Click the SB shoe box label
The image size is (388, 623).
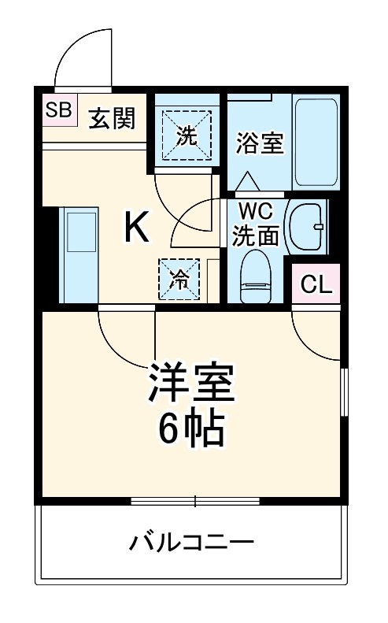tap(57, 110)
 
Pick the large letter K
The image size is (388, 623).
tap(136, 228)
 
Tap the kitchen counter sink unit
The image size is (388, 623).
tap(78, 254)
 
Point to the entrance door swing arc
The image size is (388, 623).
tap(82, 59)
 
